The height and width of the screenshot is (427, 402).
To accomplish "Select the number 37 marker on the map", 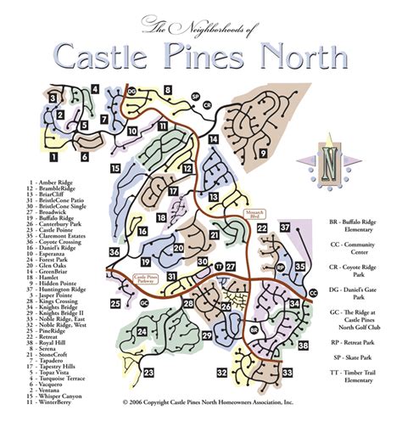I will [285, 228].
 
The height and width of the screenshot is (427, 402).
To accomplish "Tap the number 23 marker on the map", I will [149, 372].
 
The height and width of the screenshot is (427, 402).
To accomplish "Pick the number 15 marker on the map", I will [114, 169].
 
